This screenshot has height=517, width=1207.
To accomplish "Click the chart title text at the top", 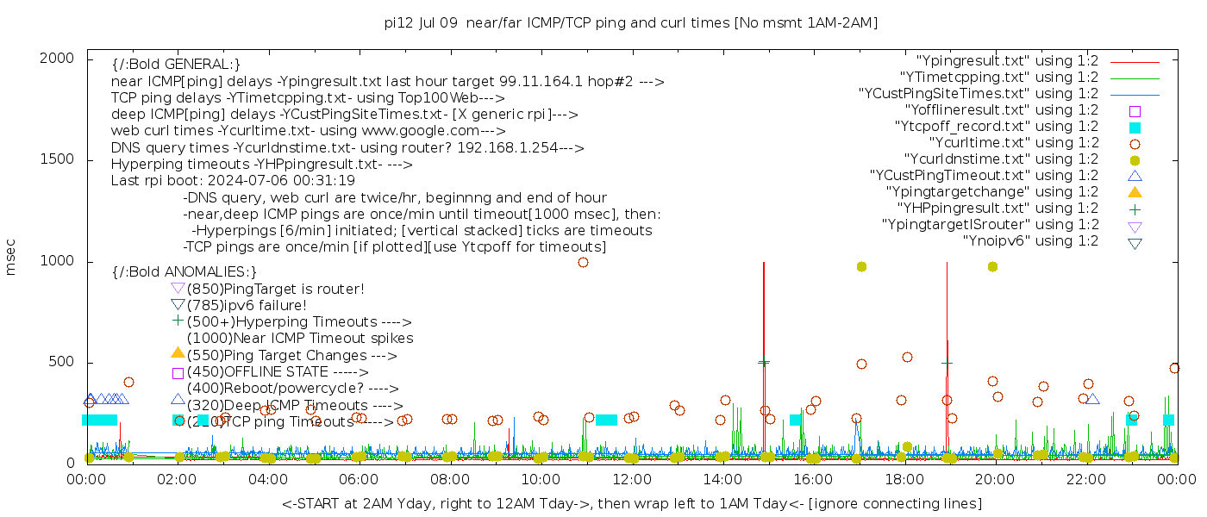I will pyautogui.click(x=631, y=22).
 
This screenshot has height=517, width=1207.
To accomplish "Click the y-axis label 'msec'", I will pyautogui.click(x=11, y=257).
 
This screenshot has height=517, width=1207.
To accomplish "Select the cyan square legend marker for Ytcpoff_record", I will pyautogui.click(x=1135, y=128).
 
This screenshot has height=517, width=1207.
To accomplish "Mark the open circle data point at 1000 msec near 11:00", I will pyautogui.click(x=583, y=262).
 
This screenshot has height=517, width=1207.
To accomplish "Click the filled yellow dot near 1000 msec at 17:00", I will pyautogui.click(x=861, y=267).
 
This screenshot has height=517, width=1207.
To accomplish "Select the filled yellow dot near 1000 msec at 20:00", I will pyautogui.click(x=992, y=267).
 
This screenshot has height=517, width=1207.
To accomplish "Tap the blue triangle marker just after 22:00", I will pyautogui.click(x=1092, y=399).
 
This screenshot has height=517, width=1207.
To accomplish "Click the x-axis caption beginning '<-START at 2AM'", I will pyautogui.click(x=631, y=503).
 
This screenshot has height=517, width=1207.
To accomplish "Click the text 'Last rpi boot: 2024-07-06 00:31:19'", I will pyautogui.click(x=233, y=181).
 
